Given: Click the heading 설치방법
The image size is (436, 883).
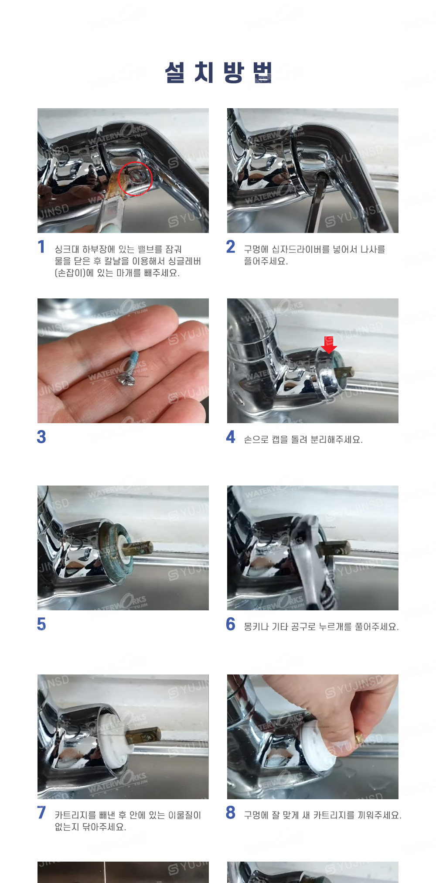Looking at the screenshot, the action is point(218,72).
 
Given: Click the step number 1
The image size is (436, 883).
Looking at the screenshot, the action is point(41,247).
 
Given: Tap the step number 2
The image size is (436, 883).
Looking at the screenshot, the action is point(231,247).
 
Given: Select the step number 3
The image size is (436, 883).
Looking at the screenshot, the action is point(41,437).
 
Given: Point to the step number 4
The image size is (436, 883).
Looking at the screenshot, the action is point(231,437).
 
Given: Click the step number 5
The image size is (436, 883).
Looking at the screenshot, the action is point(41,624).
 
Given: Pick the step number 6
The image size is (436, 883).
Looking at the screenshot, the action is point(231,624).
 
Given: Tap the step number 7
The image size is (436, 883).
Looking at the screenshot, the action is point(41,812).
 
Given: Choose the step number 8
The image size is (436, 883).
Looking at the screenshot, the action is point(231,812).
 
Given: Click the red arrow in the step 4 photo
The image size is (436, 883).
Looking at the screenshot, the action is point(329,345).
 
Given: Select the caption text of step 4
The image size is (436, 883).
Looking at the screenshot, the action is point(303,439).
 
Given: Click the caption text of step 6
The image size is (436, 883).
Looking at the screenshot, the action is point(321,626).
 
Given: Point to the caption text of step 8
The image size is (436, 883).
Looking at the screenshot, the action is point(323,815).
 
